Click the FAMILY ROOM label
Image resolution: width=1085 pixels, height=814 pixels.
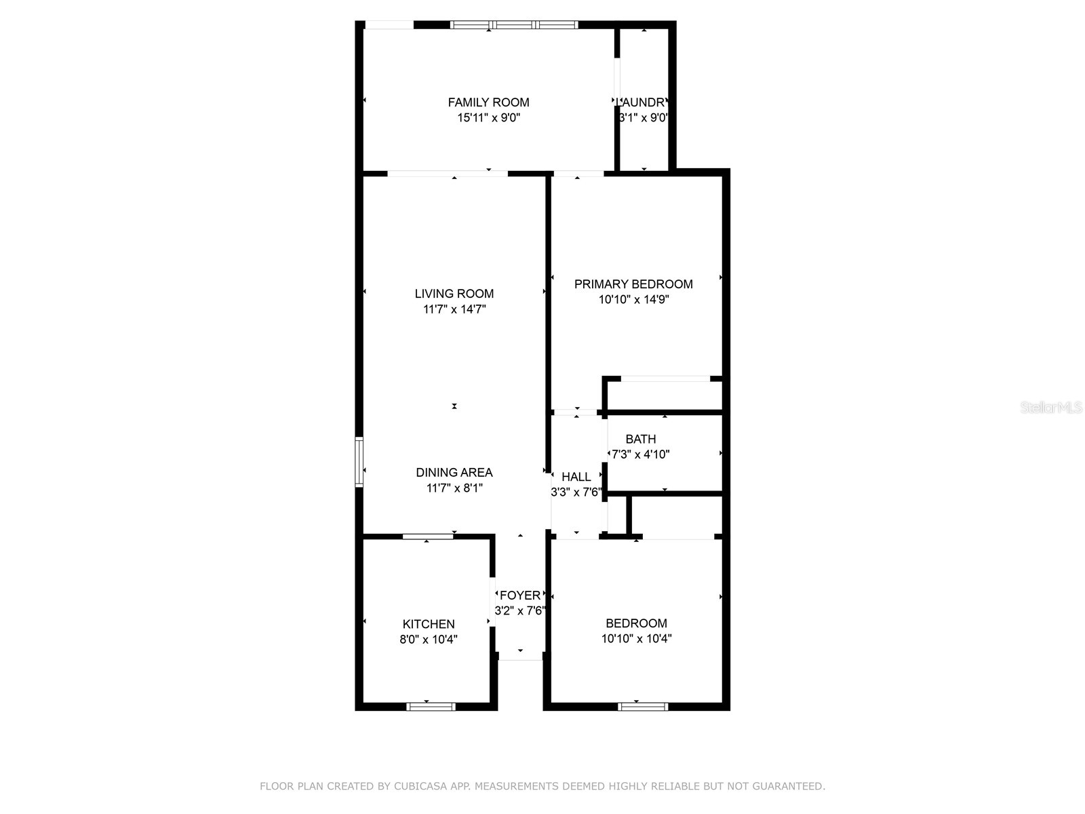488,102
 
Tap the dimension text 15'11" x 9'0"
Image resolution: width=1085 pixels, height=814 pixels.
488,118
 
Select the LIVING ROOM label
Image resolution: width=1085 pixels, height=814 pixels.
454,294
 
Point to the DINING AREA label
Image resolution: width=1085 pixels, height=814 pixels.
454,473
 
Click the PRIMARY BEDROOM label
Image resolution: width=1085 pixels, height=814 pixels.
633,284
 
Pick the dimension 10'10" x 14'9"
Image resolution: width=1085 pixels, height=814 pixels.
633,300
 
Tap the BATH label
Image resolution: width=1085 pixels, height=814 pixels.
641,440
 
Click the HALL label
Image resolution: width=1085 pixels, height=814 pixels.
576,478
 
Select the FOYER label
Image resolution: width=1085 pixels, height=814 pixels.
520,596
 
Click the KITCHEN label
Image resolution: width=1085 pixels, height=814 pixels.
429,624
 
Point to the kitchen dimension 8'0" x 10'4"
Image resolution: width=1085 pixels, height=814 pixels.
429,639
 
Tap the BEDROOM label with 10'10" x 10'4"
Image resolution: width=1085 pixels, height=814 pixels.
636,623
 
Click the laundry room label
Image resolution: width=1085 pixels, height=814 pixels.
643,102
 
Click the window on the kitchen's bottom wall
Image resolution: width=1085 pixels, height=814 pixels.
431,706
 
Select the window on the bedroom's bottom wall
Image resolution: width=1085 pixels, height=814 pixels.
643,706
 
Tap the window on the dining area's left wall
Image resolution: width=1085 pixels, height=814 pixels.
359,463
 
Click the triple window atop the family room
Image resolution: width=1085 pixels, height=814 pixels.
514,25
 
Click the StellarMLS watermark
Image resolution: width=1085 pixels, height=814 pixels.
1051,408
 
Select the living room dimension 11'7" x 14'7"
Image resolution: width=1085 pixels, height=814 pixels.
454,309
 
